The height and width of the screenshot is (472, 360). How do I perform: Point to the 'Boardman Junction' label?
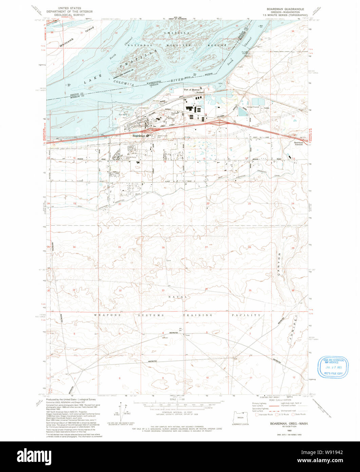[x=299, y=143]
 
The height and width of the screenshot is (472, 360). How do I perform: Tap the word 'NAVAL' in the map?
[x=176, y=297]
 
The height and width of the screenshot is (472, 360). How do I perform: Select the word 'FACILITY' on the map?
[x=247, y=315]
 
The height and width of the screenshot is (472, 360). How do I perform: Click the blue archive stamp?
[x=333, y=367]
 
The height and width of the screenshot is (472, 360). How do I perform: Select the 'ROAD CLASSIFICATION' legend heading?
[x=280, y=400]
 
